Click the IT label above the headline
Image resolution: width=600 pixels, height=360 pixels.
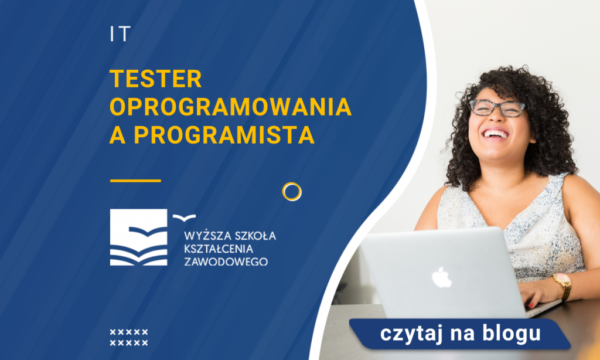pyautogui.click(x=119, y=35)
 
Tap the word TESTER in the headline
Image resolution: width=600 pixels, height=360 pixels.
pyautogui.click(x=155, y=79)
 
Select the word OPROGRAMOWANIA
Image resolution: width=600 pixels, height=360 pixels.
pyautogui.click(x=230, y=107)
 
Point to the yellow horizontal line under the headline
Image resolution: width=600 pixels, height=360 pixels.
pyautogui.click(x=135, y=181)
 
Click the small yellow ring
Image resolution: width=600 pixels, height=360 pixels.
pyautogui.click(x=291, y=191)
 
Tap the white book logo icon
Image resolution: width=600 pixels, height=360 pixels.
pyautogui.click(x=138, y=237)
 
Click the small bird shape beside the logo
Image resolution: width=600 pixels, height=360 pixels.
pyautogui.click(x=184, y=218)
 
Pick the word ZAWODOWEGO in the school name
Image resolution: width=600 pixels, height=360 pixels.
pyautogui.click(x=226, y=261)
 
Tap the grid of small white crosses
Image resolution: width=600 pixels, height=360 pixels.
pyautogui.click(x=129, y=338)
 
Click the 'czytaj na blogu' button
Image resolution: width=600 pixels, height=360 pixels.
pyautogui.click(x=459, y=334)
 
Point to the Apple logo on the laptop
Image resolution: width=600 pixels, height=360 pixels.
pyautogui.click(x=442, y=276)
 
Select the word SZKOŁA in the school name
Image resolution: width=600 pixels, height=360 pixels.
pyautogui.click(x=254, y=236)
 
